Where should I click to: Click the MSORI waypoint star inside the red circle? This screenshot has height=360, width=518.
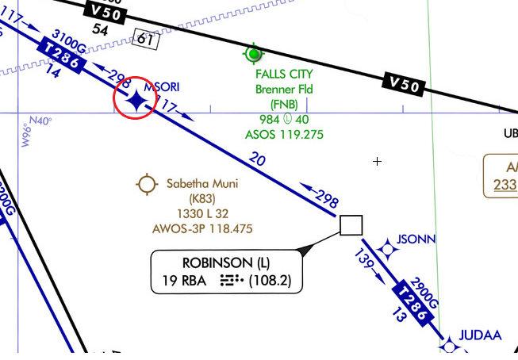click(136, 100)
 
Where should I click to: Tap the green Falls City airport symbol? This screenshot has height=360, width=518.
click(254, 54)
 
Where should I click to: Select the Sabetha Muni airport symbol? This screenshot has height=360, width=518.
click(148, 184)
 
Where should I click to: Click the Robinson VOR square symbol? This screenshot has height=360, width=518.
click(351, 225)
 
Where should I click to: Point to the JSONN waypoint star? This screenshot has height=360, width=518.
click(387, 250)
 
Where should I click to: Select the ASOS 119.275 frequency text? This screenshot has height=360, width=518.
click(284, 135)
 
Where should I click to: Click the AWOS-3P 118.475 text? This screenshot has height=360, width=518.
click(201, 229)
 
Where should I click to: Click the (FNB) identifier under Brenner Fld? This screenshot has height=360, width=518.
click(284, 104)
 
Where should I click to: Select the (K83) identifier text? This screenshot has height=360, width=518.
click(201, 199)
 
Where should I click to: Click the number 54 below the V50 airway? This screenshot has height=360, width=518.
click(100, 29)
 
